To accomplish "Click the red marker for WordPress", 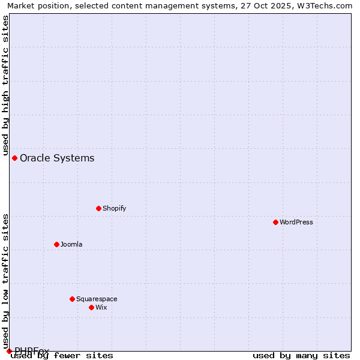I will pos(275,222).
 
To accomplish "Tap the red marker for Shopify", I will pos(98,208).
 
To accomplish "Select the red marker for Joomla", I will pos(56,244).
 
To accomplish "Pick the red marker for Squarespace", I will pos(72,299).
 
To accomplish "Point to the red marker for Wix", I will pos(91,307).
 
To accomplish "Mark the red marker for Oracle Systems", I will pos(14,158).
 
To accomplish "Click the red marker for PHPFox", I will pos(9,351).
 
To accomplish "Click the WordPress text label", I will pos(296,222).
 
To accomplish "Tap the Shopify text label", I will pos(114,208).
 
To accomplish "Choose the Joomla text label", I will pos(71,244).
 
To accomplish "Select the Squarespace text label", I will pos(97,299).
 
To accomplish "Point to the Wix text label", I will pos(101,307).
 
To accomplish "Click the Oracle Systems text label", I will pos(57,158).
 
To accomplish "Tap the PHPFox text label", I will pos(32,350).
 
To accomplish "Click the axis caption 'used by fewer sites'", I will pos(62,355).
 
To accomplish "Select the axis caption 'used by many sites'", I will pos(301,355).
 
